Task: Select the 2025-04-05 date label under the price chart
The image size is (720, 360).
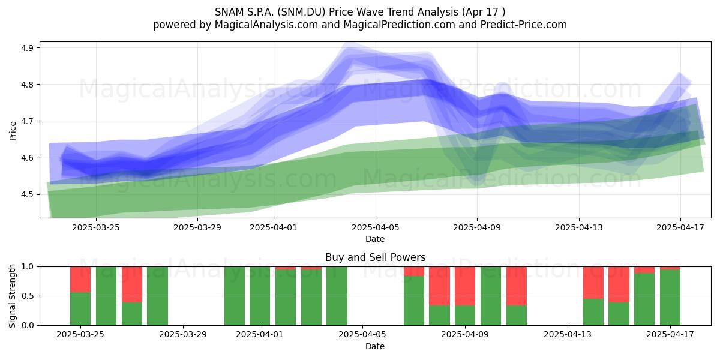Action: (375, 227)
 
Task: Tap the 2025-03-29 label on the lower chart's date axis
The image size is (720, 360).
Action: (183, 334)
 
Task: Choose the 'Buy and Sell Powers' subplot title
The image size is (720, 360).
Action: (375, 257)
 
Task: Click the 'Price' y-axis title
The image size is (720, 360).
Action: (13, 131)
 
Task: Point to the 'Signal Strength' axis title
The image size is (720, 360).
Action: (12, 296)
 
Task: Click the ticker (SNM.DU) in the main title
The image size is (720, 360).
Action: (301, 12)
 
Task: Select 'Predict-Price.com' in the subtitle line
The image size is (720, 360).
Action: (524, 25)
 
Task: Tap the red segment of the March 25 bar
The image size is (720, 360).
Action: (80, 280)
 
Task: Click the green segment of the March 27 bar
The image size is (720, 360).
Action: (132, 314)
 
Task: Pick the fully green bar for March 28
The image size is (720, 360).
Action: (157, 296)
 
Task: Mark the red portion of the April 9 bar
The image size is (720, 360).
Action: (465, 286)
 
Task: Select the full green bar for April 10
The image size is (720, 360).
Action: (491, 296)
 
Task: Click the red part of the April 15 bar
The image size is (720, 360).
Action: (619, 284)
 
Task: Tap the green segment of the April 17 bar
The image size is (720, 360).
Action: (670, 298)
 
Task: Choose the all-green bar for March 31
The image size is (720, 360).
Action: (235, 296)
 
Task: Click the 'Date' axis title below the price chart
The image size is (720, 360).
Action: (375, 239)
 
